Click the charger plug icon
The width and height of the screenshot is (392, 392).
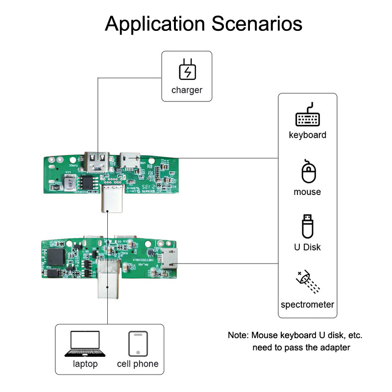pos(187,71)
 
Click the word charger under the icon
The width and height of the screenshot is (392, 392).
pos(187,90)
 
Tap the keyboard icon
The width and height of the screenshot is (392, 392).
pos(307,116)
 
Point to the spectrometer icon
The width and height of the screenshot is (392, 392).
pos(307,283)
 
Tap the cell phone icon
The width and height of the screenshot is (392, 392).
pos(138,344)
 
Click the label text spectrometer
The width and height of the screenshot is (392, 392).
pos(307,305)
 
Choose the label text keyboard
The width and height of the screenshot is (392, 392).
pos(307,135)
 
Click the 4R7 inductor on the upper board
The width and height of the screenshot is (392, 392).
pos(70,182)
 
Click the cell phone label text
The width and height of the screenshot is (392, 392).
pos(138,364)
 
